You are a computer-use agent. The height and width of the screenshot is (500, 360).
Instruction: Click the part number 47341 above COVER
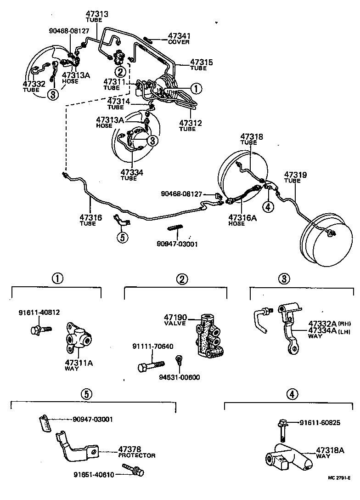point(180,36)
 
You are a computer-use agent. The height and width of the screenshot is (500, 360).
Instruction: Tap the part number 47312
point(191,123)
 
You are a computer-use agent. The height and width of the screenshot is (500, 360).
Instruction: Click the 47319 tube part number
point(295,175)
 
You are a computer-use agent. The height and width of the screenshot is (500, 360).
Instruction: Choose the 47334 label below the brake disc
point(132,172)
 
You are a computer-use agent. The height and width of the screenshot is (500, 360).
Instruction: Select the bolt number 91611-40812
point(39,312)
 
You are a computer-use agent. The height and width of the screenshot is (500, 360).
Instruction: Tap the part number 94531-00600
point(179,377)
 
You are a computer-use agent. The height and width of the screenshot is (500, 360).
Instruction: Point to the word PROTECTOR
point(137,455)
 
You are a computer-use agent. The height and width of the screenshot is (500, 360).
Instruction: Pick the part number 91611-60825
point(320,422)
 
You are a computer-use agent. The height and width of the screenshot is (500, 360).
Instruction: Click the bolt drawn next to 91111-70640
point(150,366)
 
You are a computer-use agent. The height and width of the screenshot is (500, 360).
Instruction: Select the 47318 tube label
point(252,136)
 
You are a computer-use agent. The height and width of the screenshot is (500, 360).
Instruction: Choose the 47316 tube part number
point(90,217)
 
